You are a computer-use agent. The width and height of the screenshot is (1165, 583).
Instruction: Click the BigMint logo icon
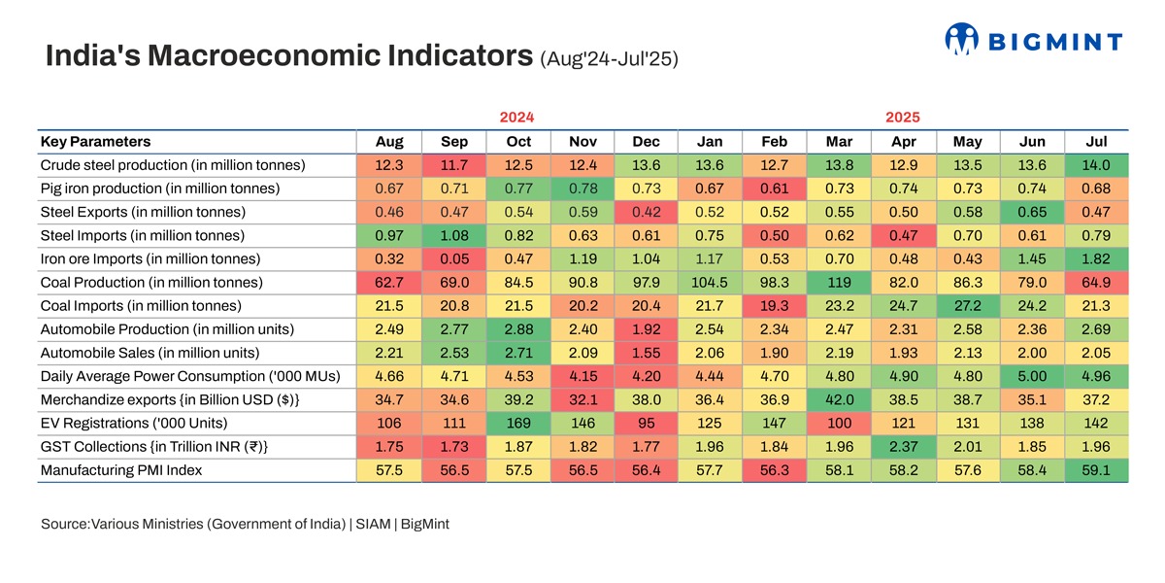pos(962,40)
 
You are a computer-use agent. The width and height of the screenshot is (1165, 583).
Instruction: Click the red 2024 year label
pos(516,117)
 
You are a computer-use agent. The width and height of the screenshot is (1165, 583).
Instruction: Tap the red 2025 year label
pos(903,117)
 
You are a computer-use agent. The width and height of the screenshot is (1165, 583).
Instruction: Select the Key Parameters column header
pos(96,142)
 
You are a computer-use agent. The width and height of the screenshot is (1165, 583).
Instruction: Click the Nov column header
pos(583,142)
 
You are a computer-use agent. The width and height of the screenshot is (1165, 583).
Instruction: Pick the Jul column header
pos(1096,142)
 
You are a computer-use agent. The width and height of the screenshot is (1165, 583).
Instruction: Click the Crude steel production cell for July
pos(1096,165)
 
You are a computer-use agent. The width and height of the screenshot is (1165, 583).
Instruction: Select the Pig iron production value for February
pos(775,189)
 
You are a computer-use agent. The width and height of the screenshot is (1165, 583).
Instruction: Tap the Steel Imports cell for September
pos(454,235)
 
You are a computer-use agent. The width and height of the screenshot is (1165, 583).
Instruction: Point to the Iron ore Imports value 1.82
pos(1096,258)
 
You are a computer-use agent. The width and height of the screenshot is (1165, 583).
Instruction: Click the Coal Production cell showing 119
pos(839,282)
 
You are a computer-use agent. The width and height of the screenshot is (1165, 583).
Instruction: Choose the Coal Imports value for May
pos(968,305)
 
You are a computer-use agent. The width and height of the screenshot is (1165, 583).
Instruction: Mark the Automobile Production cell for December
pos(647,328)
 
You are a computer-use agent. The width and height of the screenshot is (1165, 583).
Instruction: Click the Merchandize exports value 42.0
pos(839,398)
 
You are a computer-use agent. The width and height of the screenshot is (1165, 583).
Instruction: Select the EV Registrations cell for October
pos(518,422)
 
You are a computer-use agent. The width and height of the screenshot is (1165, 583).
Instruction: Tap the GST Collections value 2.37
pos(904,446)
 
